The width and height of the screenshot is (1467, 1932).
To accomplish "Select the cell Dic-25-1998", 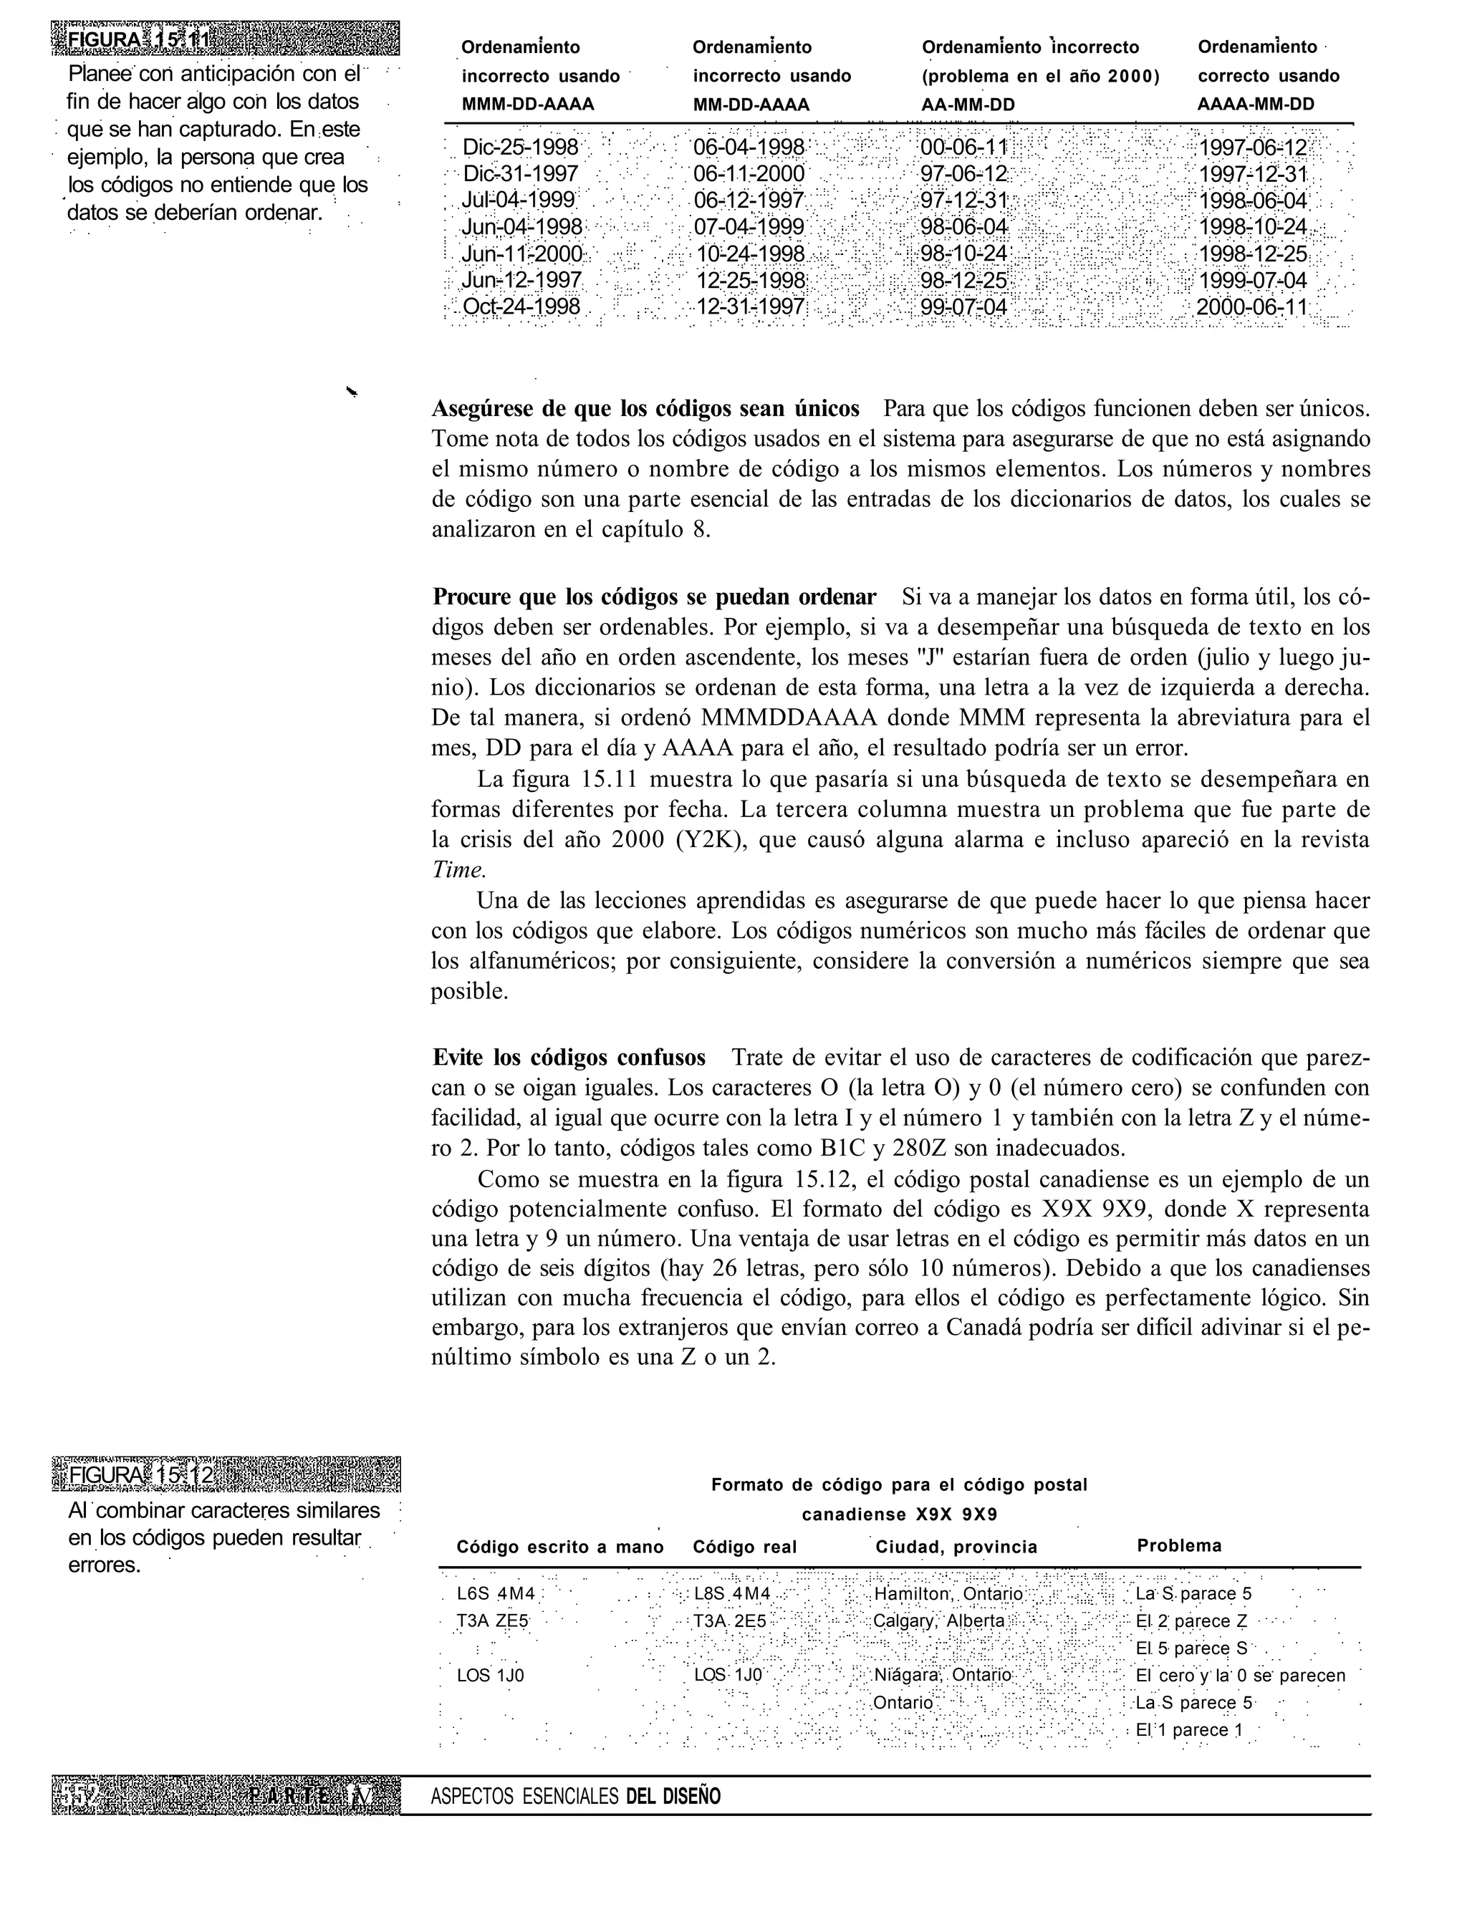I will (521, 146).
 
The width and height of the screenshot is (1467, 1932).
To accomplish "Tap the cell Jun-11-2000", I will (521, 254).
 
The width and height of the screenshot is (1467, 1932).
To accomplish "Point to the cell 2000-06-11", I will (1251, 307).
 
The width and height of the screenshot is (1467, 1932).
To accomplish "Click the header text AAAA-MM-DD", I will (1255, 105).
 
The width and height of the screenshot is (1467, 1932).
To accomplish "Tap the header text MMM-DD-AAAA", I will (528, 105).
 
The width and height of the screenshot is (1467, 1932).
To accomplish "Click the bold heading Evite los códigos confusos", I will (569, 1058).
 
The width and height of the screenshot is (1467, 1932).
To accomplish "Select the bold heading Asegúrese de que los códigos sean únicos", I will (645, 409).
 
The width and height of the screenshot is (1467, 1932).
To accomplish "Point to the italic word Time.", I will (458, 870).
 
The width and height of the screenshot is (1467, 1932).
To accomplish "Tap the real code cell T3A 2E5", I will (730, 1621).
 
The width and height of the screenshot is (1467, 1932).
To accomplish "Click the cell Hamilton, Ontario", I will (948, 1594).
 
